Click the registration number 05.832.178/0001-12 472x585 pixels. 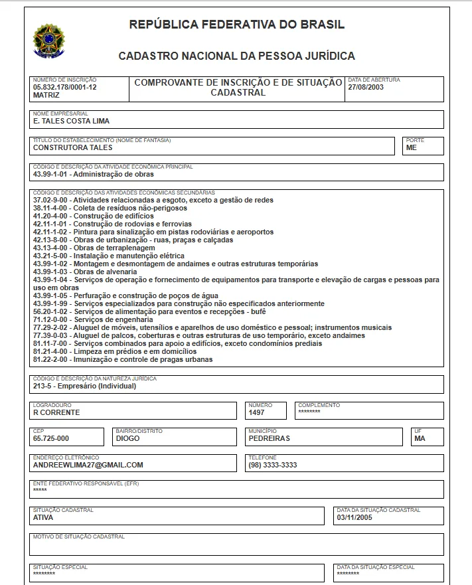pos(65,87)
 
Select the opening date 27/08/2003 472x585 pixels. pos(366,87)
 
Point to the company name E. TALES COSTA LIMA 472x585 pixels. pos(71,122)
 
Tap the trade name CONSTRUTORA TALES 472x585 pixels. pos(73,148)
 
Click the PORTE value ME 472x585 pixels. pos(412,148)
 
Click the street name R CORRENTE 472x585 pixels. pos(56,412)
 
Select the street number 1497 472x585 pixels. pos(256,412)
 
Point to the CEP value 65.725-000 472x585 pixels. pos(51,438)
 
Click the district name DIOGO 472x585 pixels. pos(127,438)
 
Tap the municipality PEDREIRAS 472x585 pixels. pos(269,438)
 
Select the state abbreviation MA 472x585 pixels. pos(419,438)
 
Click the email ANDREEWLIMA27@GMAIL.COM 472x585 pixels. pos(88,465)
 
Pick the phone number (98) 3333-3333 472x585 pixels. pos(272,465)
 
